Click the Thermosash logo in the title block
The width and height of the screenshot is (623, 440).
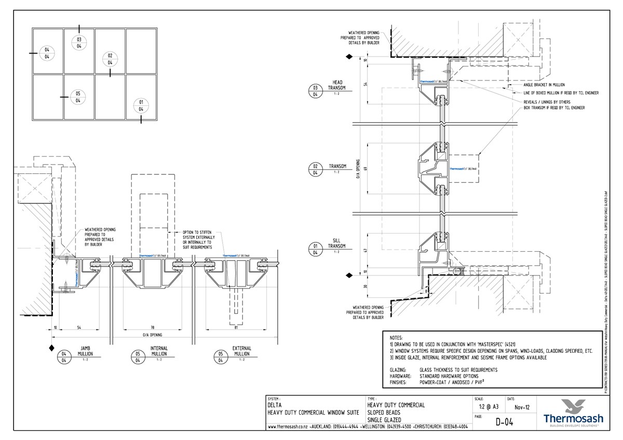[573, 413]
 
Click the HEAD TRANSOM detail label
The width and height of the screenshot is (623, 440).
[337, 86]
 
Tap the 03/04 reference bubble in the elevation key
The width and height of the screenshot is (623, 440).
[79, 43]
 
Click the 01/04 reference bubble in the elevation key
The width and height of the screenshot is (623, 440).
[141, 105]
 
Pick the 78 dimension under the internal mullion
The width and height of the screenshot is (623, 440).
[153, 328]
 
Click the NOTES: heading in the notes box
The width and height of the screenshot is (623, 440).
[396, 337]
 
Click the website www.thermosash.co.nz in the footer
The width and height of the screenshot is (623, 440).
[287, 427]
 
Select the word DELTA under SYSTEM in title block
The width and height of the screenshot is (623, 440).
[275, 405]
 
